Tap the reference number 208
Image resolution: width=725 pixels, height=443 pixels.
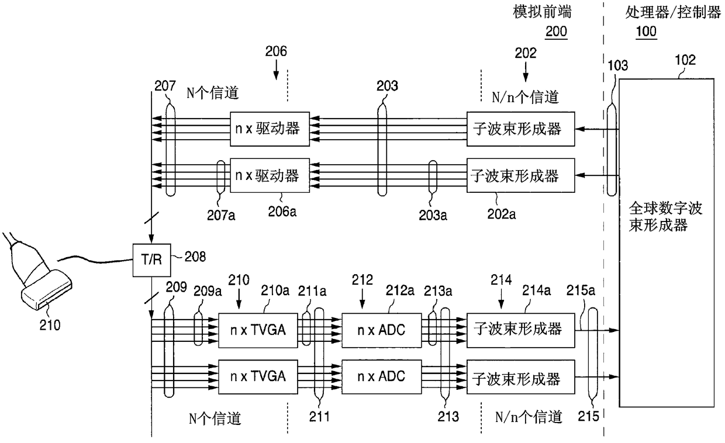[x=195, y=257]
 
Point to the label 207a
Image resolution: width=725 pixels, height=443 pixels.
[x=221, y=215]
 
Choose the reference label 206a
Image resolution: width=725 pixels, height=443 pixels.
[x=282, y=212]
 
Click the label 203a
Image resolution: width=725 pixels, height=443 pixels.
[x=433, y=215]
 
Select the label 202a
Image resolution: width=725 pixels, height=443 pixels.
[x=501, y=214]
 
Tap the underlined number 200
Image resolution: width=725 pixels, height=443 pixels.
[x=556, y=32]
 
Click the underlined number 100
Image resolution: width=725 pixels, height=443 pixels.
[x=646, y=32]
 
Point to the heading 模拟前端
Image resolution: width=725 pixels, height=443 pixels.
[x=542, y=12]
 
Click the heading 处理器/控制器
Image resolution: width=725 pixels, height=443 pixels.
[x=673, y=13]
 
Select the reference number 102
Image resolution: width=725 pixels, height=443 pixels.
[x=685, y=60]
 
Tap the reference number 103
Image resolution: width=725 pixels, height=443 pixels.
[x=618, y=65]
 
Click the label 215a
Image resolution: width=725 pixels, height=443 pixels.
[x=581, y=290]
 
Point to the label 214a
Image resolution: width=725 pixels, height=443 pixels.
[x=536, y=290]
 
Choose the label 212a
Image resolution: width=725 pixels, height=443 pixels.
[x=400, y=290]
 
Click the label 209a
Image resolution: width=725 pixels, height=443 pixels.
[x=208, y=291]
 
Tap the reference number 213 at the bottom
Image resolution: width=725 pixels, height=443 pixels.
[x=448, y=417]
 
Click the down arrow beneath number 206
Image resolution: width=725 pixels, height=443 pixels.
[x=276, y=70]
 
